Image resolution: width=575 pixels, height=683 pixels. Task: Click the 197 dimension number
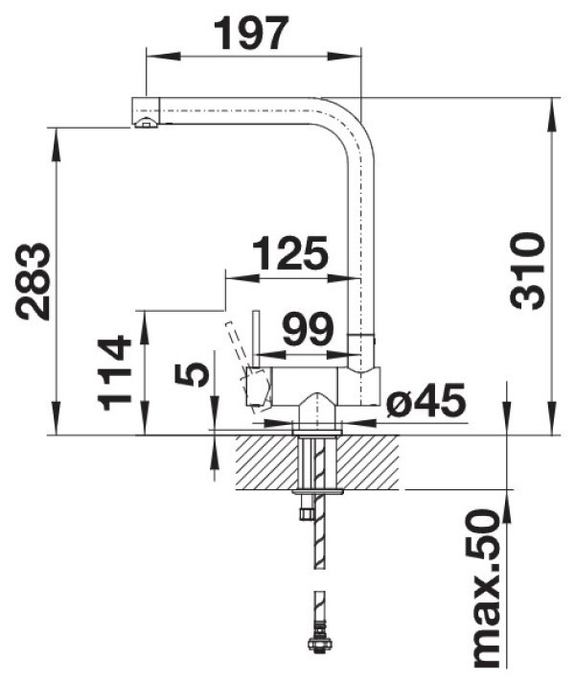tap(254, 34)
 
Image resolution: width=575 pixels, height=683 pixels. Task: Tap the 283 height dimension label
tap(34, 281)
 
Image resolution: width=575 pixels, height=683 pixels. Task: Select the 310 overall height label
tap(527, 271)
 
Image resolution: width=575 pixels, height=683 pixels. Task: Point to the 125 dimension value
tap(289, 253)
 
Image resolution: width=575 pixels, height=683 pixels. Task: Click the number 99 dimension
tap(308, 329)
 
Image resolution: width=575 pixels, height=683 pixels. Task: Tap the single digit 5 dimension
tap(192, 374)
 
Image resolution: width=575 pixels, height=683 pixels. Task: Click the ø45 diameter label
tap(426, 399)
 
